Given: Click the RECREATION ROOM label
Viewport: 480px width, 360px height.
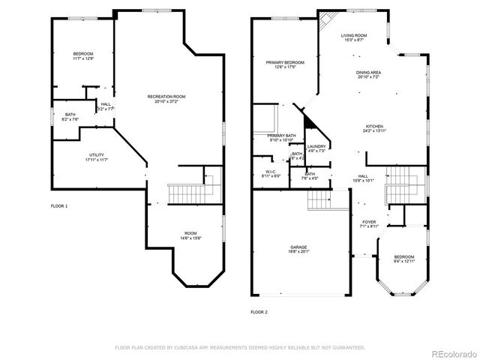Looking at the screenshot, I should [x=166, y=96].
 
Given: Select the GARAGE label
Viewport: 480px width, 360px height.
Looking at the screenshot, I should [x=299, y=247].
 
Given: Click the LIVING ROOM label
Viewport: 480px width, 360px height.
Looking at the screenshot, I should [x=353, y=35].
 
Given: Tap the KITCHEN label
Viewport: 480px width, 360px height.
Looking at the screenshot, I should [x=374, y=126].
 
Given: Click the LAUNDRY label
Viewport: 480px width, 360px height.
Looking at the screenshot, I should [x=316, y=146].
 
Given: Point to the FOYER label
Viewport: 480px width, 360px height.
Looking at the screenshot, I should [x=369, y=222].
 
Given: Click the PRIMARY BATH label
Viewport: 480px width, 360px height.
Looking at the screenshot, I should [x=282, y=136].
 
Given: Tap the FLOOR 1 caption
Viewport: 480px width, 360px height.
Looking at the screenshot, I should [x=58, y=205].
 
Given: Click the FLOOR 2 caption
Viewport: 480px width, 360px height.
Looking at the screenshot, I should [x=259, y=310].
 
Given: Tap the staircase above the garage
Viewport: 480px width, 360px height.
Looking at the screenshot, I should [x=319, y=199].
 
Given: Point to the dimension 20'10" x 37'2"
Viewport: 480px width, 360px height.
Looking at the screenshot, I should [x=166, y=101].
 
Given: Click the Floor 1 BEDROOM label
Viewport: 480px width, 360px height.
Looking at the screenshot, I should [x=82, y=53].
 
